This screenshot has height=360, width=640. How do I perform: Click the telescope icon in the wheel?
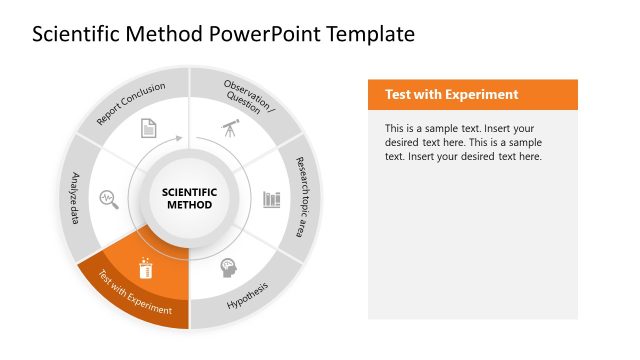tap(229, 129)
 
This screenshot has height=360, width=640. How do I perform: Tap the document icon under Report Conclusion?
tap(148, 128)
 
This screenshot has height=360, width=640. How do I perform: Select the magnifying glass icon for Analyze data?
tap(108, 198)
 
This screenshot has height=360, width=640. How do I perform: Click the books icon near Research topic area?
tap(271, 199)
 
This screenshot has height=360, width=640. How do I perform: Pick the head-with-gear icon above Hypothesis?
tap(229, 268)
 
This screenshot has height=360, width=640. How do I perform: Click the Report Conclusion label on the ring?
tap(131, 102)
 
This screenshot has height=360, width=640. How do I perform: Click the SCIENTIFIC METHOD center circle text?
tap(189, 198)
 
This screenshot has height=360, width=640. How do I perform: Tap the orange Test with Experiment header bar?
tap(473, 95)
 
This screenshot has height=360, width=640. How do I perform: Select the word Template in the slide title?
tap(377, 35)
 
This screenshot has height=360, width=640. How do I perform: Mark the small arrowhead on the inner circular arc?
tap(181, 138)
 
